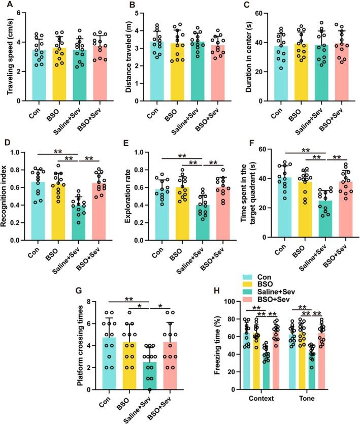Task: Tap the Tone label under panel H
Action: pyautogui.click(x=303, y=399)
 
